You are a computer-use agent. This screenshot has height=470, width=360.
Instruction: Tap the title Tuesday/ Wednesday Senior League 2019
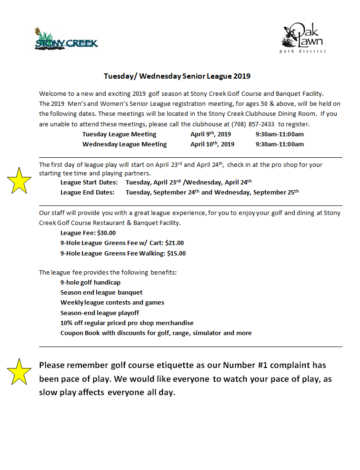[177, 76]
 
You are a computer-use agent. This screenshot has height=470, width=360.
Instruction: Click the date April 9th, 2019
[210, 134]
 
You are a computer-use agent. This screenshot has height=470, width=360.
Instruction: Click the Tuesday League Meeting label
[119, 134]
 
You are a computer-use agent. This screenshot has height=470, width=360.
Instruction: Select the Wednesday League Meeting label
[124, 144]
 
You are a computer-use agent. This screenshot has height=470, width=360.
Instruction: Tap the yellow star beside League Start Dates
[19, 181]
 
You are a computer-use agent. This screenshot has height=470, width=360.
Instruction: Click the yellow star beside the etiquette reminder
[19, 372]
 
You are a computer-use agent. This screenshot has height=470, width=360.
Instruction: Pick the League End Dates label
[87, 193]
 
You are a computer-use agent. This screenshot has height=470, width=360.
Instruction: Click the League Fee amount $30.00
[106, 233]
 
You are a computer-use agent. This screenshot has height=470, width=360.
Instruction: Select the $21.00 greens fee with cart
[174, 243]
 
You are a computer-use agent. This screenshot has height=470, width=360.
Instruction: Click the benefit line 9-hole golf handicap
[90, 282]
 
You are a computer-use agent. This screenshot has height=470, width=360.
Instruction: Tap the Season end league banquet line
[101, 292]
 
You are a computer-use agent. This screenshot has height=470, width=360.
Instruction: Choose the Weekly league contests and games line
[112, 302]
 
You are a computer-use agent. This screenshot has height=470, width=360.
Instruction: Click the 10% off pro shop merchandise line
[127, 323]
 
